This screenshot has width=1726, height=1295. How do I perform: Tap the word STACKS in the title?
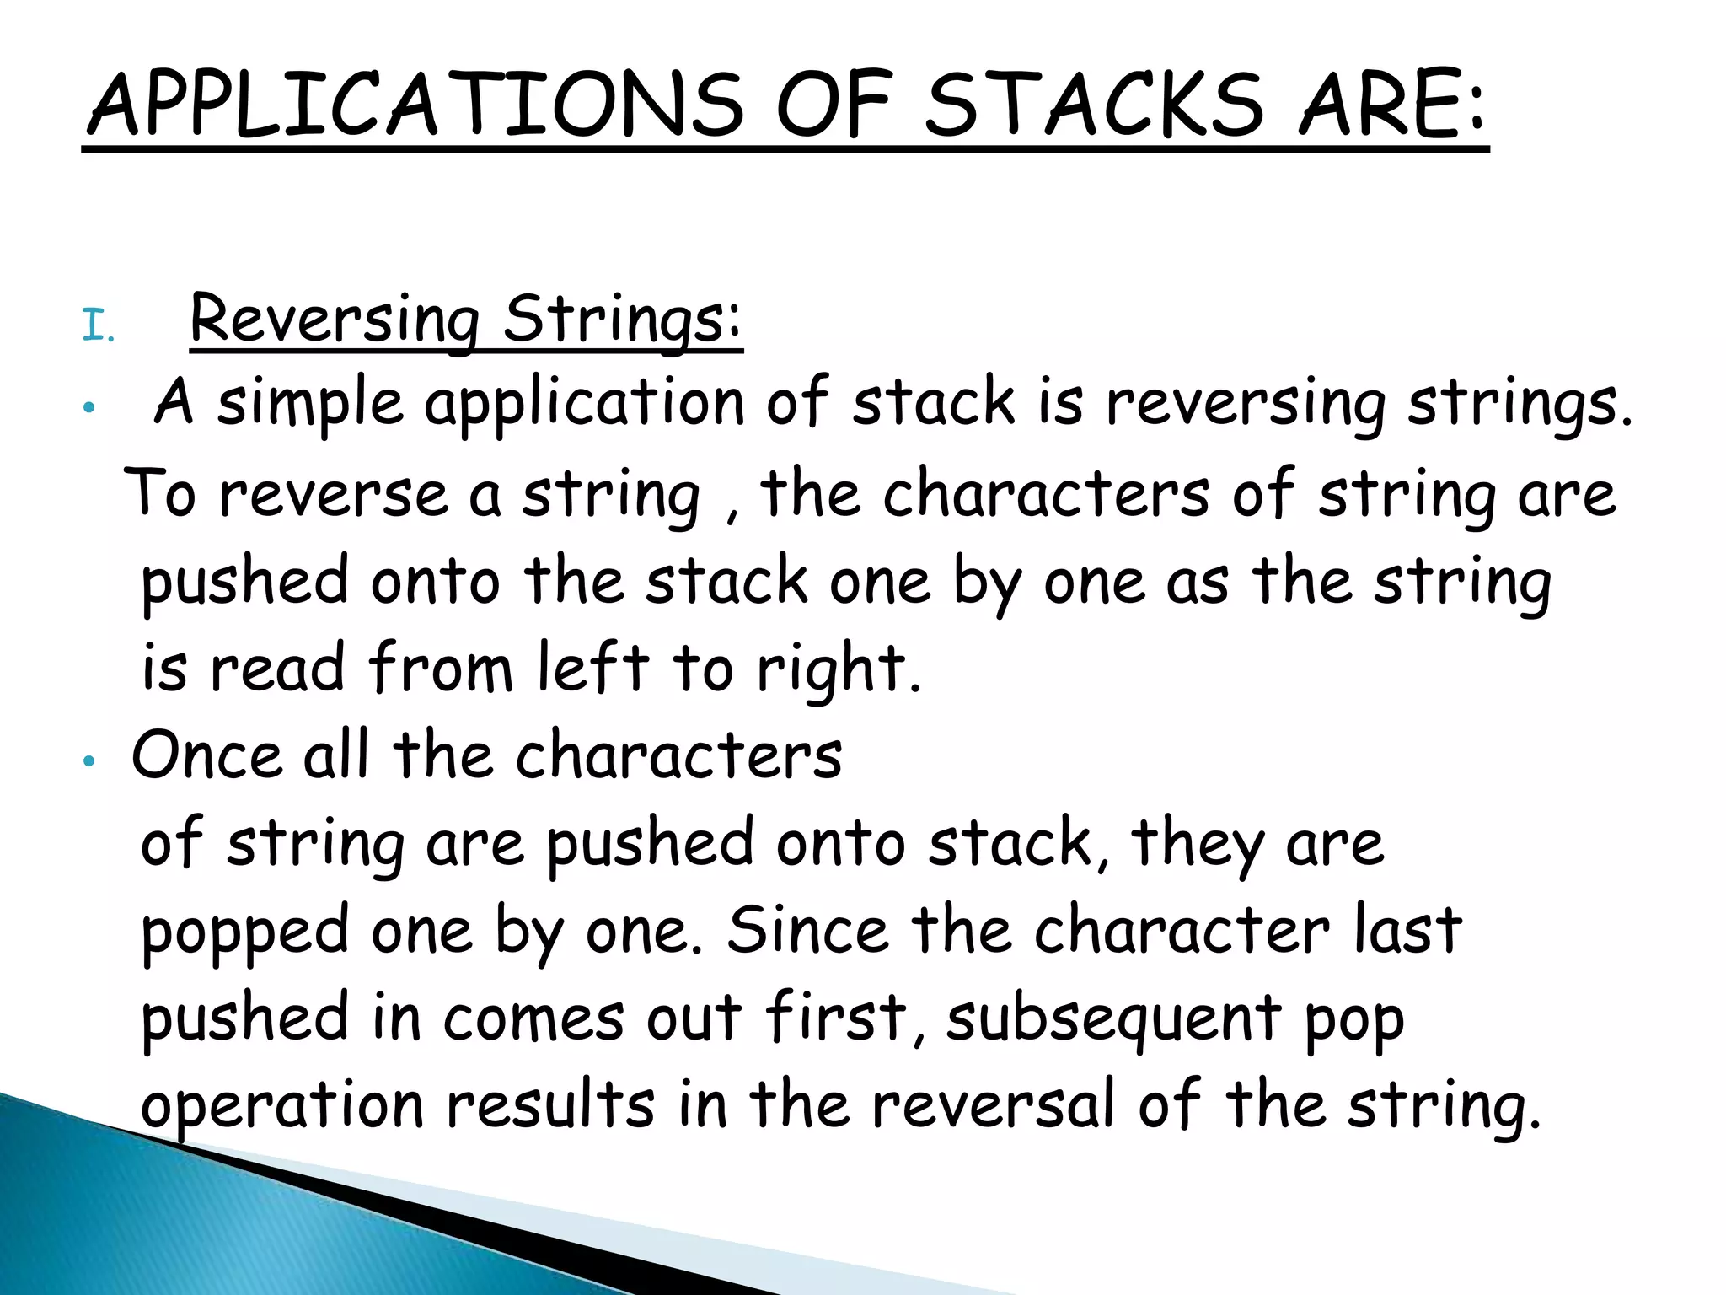(x=1095, y=105)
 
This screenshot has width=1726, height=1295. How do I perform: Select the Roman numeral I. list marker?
(x=98, y=326)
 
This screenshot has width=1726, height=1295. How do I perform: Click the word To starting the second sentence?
(x=160, y=493)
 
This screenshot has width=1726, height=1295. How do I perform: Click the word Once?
(x=206, y=755)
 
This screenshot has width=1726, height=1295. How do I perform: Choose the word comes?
(x=533, y=1018)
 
